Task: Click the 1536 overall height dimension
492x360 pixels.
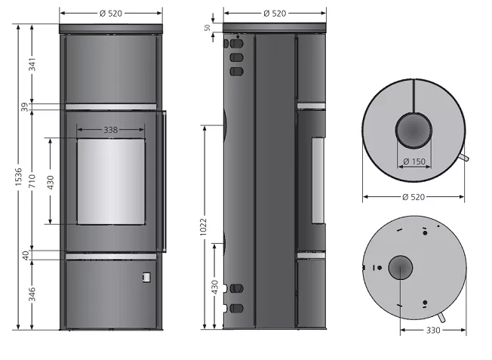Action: [x=19, y=177]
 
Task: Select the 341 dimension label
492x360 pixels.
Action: [x=32, y=64]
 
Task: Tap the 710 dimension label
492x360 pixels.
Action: [x=32, y=181]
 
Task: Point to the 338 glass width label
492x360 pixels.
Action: [x=111, y=130]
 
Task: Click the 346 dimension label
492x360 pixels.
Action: [x=32, y=294]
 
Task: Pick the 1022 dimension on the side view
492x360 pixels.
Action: [x=204, y=226]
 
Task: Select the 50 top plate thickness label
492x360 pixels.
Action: [x=208, y=28]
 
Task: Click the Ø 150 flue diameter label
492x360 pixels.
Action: [x=414, y=162]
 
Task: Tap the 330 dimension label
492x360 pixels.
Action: [x=433, y=330]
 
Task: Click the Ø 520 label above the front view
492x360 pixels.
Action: [x=111, y=14]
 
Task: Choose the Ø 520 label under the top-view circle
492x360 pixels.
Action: [x=414, y=197]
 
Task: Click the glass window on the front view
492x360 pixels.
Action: [x=111, y=182]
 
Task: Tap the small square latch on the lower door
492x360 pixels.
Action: [x=146, y=277]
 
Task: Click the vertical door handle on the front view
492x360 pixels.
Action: [x=165, y=181]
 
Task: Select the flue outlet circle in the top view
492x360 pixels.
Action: [x=414, y=131]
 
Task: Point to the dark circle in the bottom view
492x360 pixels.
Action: [x=401, y=267]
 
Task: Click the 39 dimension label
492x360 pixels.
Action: [x=25, y=106]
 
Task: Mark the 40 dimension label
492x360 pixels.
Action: [x=26, y=255]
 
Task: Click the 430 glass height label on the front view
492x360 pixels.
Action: [x=51, y=183]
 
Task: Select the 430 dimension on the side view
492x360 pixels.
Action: [x=214, y=288]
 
